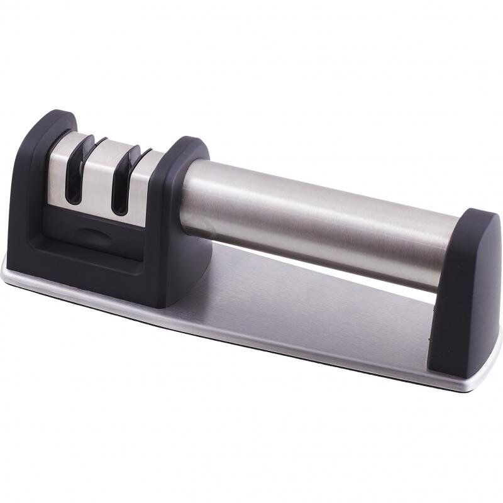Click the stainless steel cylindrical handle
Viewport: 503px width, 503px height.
[314, 214]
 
